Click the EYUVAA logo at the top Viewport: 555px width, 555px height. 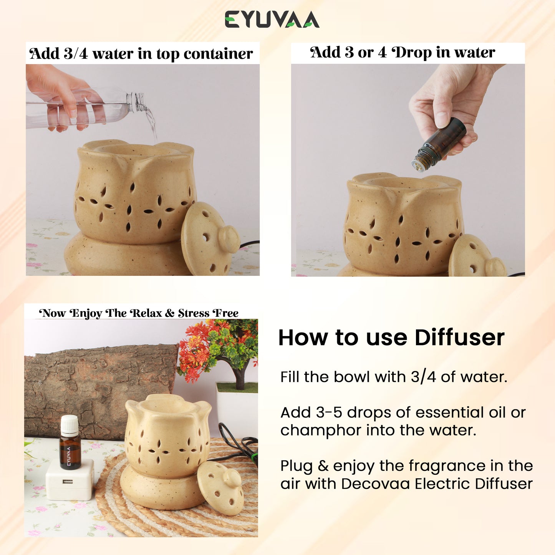272,19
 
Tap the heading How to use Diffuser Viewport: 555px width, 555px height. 391,338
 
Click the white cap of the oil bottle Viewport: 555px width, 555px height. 70,424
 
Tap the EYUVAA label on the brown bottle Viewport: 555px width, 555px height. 68,456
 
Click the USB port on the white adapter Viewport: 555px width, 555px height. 68,482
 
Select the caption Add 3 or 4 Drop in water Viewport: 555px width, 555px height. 403,53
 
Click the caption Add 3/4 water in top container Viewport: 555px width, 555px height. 141,54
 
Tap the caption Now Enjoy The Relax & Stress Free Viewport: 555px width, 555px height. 139,313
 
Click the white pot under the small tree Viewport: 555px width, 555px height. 237,406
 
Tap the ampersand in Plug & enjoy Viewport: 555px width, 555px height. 323,466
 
